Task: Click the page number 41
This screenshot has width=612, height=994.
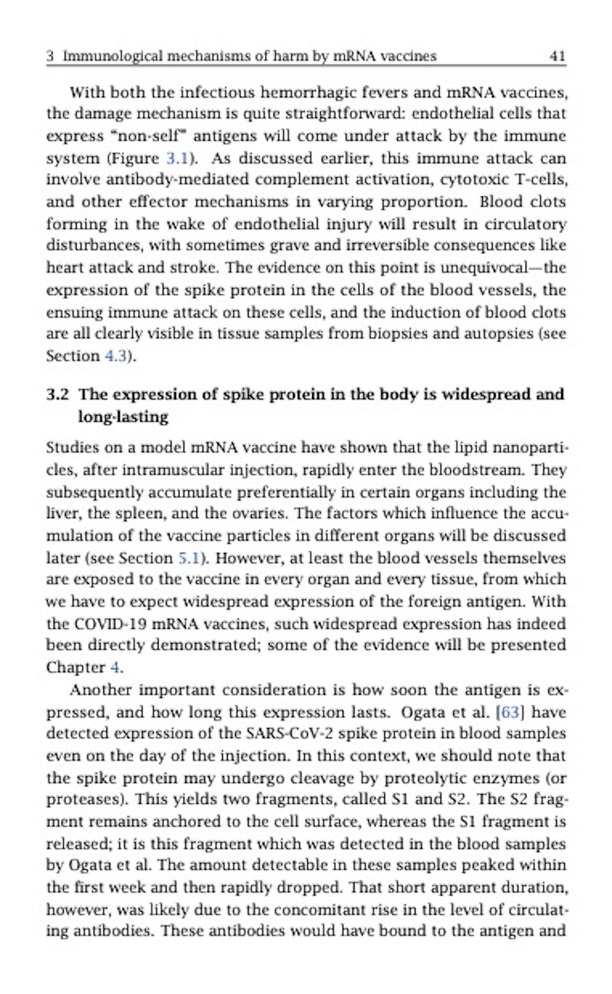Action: pos(557,57)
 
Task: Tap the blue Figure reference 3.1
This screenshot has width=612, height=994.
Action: pos(177,158)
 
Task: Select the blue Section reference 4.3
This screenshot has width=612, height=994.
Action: pos(116,356)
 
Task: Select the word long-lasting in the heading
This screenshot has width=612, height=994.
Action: pos(123,417)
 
